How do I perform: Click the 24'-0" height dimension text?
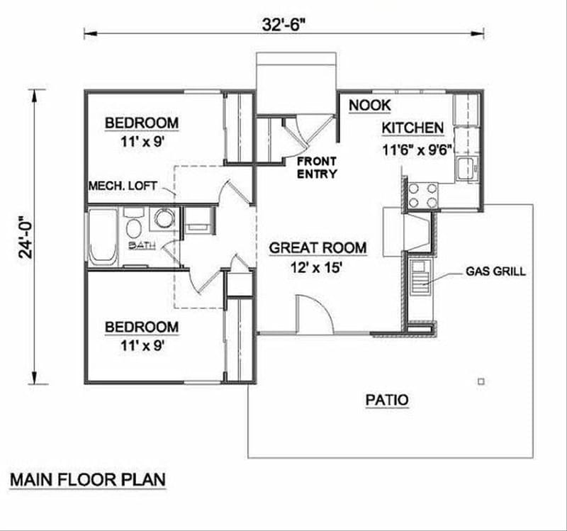click(26, 237)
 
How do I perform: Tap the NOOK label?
click(369, 106)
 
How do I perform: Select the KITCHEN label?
click(413, 128)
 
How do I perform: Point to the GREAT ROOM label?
click(318, 247)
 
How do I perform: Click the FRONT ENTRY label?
click(317, 168)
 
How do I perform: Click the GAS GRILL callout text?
click(496, 272)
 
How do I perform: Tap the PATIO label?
click(387, 400)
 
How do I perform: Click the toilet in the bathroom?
click(133, 228)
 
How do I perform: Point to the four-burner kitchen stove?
click(422, 196)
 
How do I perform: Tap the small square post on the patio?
click(481, 381)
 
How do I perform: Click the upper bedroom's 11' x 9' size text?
click(142, 141)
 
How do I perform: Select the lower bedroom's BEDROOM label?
click(142, 327)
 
